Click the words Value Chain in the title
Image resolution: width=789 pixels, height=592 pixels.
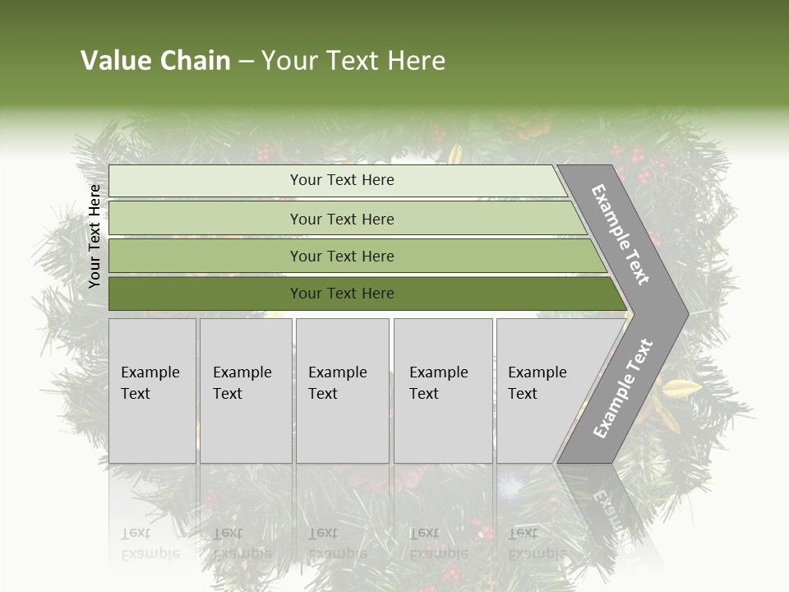coord(155,61)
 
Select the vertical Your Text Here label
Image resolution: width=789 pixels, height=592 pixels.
coord(95,236)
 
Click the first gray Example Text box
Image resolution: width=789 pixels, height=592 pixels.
coord(152,391)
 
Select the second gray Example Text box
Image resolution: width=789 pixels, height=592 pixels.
coord(246,391)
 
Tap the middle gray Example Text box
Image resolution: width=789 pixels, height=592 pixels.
coord(342,391)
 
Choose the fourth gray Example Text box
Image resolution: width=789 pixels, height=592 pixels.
coord(443,391)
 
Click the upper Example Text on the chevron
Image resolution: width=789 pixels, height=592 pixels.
coord(621,235)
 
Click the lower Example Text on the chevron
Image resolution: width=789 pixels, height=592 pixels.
coord(622,389)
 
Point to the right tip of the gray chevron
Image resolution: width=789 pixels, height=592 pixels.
coord(686,313)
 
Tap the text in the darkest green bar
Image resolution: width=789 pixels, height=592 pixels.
coord(342,294)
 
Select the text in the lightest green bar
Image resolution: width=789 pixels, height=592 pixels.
coord(342,180)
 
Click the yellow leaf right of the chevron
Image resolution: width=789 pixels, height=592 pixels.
coord(682,389)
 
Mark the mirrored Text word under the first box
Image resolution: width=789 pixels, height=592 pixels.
coord(136,533)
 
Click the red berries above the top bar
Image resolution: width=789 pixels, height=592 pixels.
coord(265,153)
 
